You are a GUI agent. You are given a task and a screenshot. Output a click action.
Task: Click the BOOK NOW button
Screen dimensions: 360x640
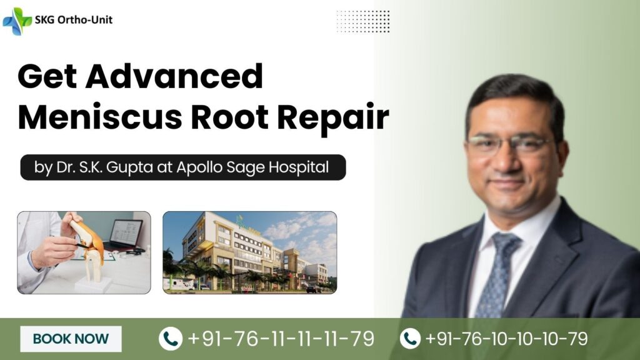pyautogui.click(x=71, y=339)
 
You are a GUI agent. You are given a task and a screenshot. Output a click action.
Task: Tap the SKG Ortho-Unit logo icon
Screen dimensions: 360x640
pyautogui.click(x=17, y=21)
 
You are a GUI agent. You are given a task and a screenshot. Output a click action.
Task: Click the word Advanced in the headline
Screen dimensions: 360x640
pyautogui.click(x=176, y=77)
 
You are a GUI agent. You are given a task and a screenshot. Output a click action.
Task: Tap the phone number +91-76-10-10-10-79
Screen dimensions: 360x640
pyautogui.click(x=506, y=339)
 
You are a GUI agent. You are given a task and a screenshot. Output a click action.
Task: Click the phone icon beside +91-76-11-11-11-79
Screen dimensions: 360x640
pyautogui.click(x=171, y=339)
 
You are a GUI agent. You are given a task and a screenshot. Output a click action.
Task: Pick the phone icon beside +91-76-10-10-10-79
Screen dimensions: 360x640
pyautogui.click(x=410, y=339)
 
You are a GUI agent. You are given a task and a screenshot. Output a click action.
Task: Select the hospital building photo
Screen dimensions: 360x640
pyautogui.click(x=249, y=252)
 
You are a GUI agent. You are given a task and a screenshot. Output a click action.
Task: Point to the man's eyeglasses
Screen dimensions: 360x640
pyautogui.click(x=509, y=145)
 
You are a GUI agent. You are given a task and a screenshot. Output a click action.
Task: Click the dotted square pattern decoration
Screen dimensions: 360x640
pyautogui.click(x=362, y=21)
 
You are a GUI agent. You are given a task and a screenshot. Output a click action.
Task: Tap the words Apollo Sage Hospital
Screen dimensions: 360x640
pyautogui.click(x=271, y=168)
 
